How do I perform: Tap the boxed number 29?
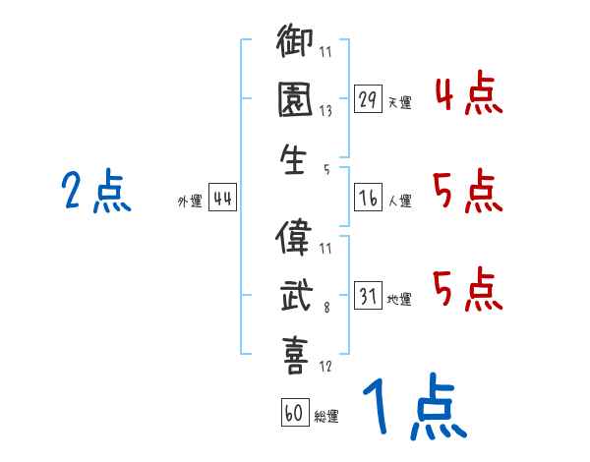[x=369, y=99]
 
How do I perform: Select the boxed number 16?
[x=369, y=198]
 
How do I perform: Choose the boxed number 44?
[x=222, y=199]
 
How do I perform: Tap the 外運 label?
[x=189, y=201]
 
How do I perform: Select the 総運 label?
[x=325, y=417]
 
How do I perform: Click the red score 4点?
[x=468, y=96]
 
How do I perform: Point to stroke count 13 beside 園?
[x=324, y=111]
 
